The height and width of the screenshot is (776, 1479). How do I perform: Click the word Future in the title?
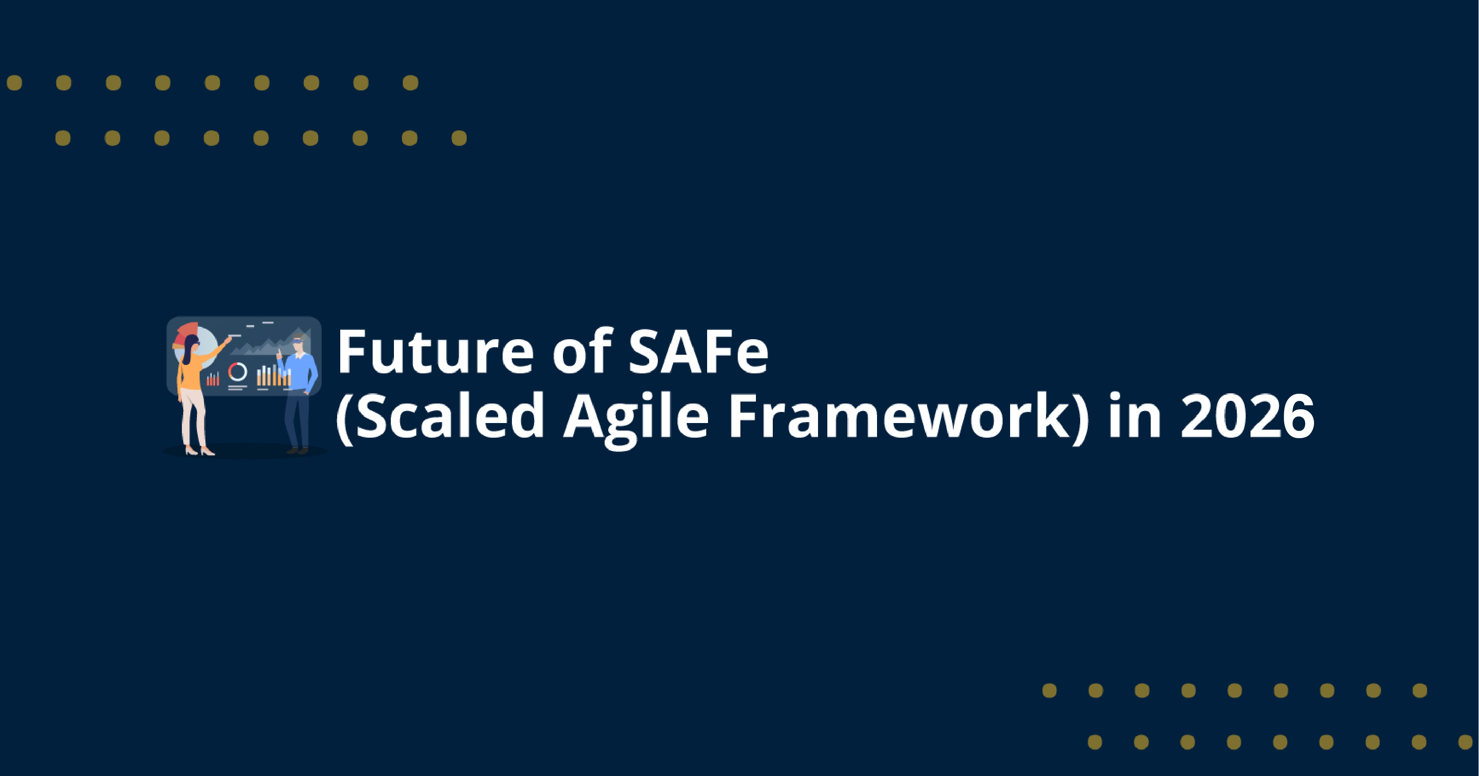[x=435, y=351]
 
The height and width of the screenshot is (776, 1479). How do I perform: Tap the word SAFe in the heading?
[x=698, y=351]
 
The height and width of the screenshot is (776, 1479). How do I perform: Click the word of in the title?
[x=582, y=351]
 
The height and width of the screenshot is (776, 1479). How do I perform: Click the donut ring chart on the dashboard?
[x=238, y=372]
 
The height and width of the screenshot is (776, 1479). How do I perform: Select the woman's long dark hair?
[x=188, y=352]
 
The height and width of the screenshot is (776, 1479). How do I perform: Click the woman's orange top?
[x=191, y=373]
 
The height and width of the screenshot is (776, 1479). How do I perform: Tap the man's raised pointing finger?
[x=279, y=351]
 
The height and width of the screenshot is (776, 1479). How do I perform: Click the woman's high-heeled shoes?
[x=199, y=451]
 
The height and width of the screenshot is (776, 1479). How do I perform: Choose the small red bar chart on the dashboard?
[x=213, y=379]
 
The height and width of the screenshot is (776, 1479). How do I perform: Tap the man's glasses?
[x=297, y=343]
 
